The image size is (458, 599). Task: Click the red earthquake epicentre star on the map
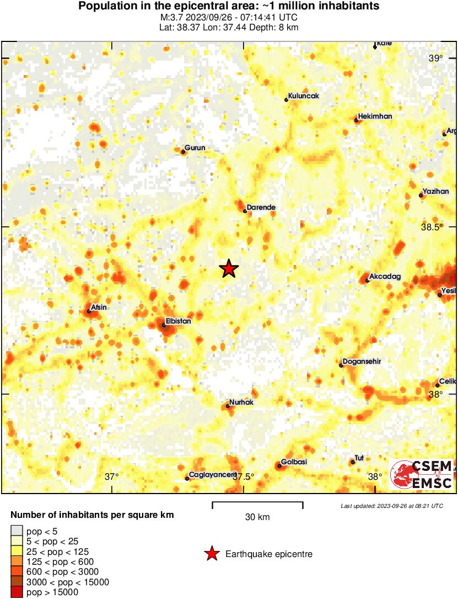(x=229, y=269)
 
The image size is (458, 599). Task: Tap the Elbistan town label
(x=177, y=320)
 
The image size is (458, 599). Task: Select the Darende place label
(x=261, y=208)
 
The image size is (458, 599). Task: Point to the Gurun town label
(x=195, y=148)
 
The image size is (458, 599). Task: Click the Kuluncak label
(x=304, y=96)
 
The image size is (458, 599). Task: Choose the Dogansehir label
(x=362, y=362)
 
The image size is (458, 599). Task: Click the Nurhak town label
(x=241, y=402)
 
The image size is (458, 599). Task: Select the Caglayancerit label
(x=212, y=475)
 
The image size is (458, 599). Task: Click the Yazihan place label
(x=436, y=192)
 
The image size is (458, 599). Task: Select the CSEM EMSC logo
(x=422, y=475)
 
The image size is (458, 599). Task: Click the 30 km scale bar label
(x=257, y=517)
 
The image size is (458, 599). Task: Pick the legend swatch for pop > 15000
(x=17, y=592)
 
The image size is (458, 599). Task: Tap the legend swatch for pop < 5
(x=17, y=531)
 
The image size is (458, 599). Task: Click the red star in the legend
(x=211, y=554)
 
